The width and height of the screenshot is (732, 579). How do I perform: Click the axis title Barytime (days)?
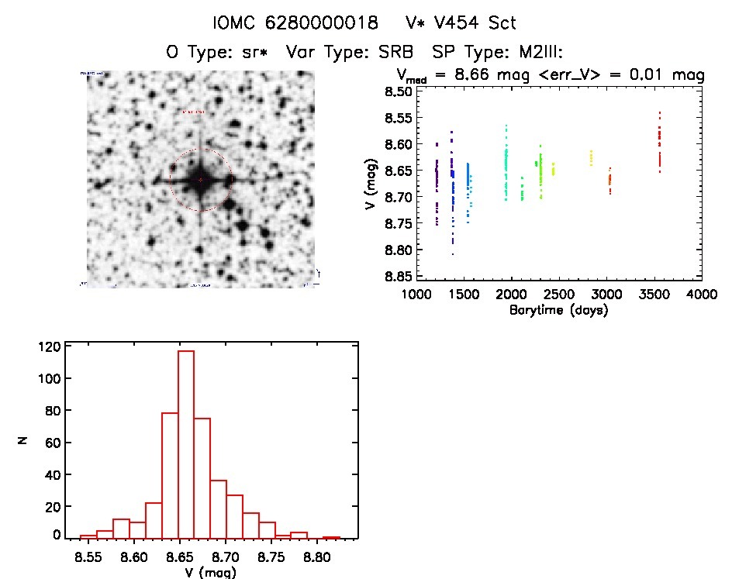pyautogui.click(x=558, y=310)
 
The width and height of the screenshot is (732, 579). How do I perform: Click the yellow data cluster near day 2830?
pyautogui.click(x=591, y=158)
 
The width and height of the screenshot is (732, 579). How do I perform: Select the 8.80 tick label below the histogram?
pyautogui.click(x=316, y=556)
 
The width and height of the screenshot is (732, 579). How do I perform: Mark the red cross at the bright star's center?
pyautogui.click(x=200, y=180)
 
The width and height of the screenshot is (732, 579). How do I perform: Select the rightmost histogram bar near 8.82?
pyautogui.click(x=332, y=537)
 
